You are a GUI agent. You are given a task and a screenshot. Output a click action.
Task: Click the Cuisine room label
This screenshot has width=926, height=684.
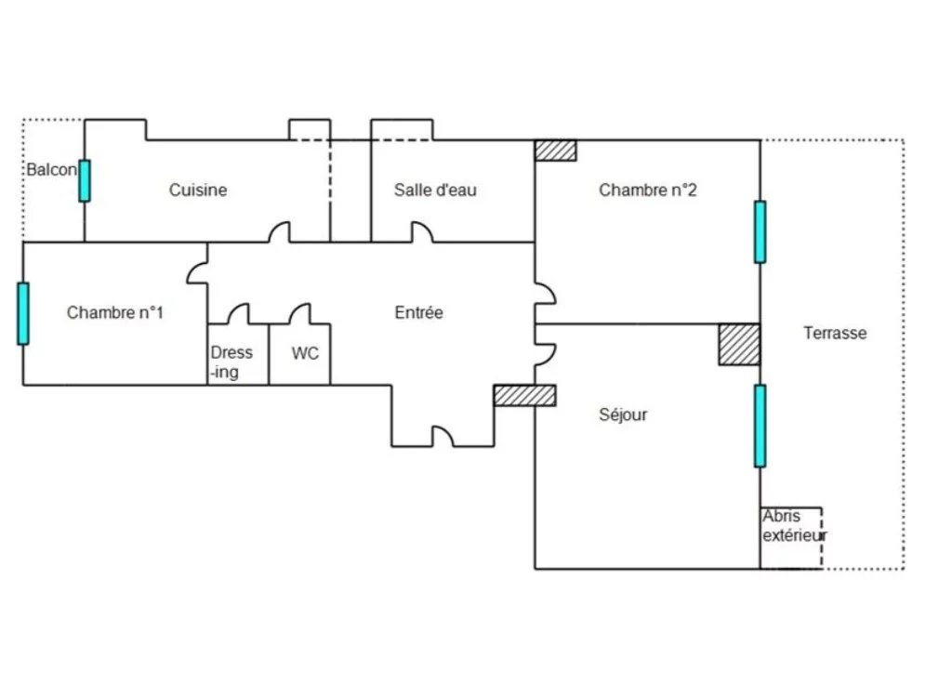click(198, 190)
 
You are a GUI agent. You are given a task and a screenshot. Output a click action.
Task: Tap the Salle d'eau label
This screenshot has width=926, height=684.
click(435, 190)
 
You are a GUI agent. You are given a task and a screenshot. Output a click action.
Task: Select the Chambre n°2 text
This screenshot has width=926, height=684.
click(648, 190)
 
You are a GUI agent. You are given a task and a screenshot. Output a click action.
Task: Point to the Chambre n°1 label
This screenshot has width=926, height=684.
click(114, 312)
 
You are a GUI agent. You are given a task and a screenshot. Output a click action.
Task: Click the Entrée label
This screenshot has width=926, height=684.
click(418, 312)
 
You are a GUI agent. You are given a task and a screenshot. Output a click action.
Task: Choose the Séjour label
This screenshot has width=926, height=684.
click(623, 414)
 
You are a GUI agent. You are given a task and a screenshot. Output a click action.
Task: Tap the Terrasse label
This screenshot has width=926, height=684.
click(835, 333)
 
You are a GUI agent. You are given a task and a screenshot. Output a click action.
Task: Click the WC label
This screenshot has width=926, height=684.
click(305, 353)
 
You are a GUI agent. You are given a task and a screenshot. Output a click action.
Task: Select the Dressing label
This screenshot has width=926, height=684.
click(231, 362)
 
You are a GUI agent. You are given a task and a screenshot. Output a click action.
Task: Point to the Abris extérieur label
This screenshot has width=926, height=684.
click(794, 525)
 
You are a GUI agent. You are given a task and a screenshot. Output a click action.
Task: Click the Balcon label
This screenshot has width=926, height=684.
click(51, 170)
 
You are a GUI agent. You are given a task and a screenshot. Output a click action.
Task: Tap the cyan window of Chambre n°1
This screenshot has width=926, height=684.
click(23, 313)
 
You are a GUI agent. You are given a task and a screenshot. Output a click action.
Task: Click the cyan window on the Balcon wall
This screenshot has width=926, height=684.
click(85, 180)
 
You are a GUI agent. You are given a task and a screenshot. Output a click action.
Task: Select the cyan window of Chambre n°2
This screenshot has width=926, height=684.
click(761, 232)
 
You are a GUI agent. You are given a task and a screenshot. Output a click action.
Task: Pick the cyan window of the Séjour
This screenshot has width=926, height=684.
click(761, 426)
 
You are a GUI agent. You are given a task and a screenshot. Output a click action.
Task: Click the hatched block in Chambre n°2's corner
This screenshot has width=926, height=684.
click(556, 150)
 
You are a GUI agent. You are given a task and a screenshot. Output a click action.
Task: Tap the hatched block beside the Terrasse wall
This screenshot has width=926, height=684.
click(739, 344)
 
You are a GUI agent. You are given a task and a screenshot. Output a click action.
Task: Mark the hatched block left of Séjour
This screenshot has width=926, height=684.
click(525, 395)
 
